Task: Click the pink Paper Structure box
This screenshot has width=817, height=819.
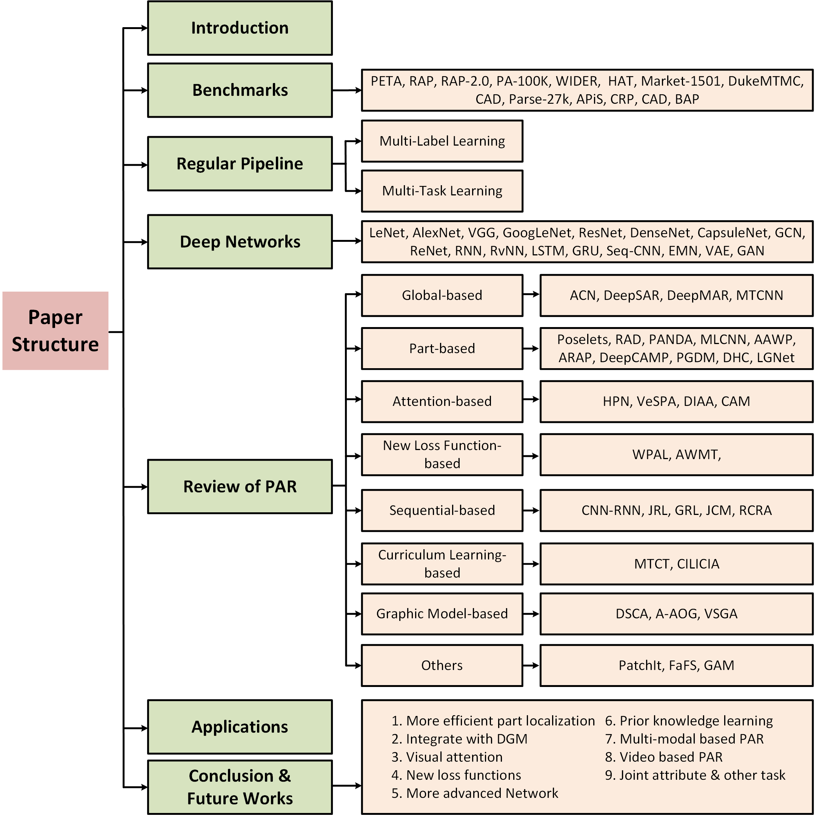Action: click(x=55, y=330)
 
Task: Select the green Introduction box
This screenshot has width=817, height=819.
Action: click(x=240, y=28)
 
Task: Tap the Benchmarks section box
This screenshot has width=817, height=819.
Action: click(x=240, y=90)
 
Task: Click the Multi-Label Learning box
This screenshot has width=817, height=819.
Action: click(x=442, y=141)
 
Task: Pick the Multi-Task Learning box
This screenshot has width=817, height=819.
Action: click(x=442, y=191)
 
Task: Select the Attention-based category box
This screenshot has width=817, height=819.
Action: click(x=442, y=401)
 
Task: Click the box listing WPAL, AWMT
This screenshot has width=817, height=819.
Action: click(x=676, y=455)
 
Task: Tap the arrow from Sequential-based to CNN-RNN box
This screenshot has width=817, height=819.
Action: click(x=531, y=510)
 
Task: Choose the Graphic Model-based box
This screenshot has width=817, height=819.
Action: click(x=442, y=613)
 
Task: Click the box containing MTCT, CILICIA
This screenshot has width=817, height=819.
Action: click(x=676, y=564)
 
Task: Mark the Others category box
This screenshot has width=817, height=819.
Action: click(x=442, y=665)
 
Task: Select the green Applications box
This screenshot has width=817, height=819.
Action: click(x=240, y=727)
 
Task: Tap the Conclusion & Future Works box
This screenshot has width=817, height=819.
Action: click(x=240, y=787)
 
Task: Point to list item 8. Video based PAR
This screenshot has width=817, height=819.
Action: click(x=663, y=757)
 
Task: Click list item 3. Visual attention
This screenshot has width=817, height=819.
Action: click(x=447, y=757)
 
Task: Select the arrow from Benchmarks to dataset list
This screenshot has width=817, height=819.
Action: click(x=346, y=90)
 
